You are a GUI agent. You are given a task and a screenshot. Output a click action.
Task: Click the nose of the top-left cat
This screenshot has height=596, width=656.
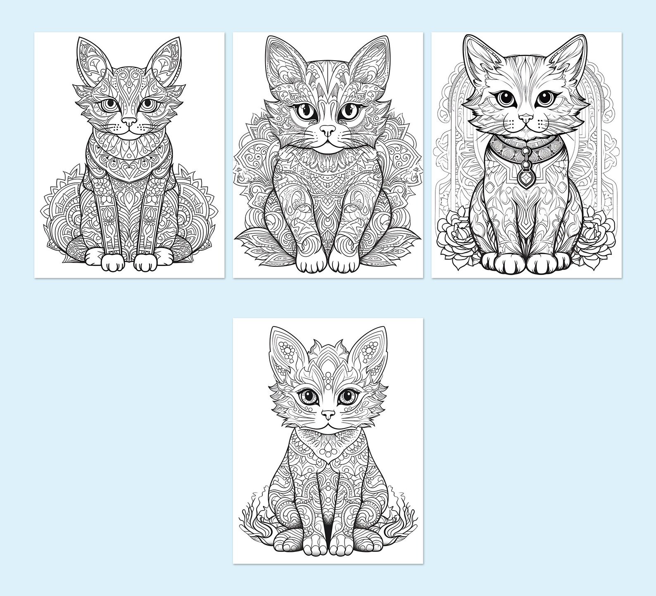click(129, 122)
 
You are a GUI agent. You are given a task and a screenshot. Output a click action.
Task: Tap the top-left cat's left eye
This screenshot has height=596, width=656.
click(147, 104)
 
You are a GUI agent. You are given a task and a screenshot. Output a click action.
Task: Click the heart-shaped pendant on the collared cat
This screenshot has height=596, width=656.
click(525, 179)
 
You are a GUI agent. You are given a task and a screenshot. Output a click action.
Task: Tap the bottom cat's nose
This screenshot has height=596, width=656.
click(328, 414)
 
